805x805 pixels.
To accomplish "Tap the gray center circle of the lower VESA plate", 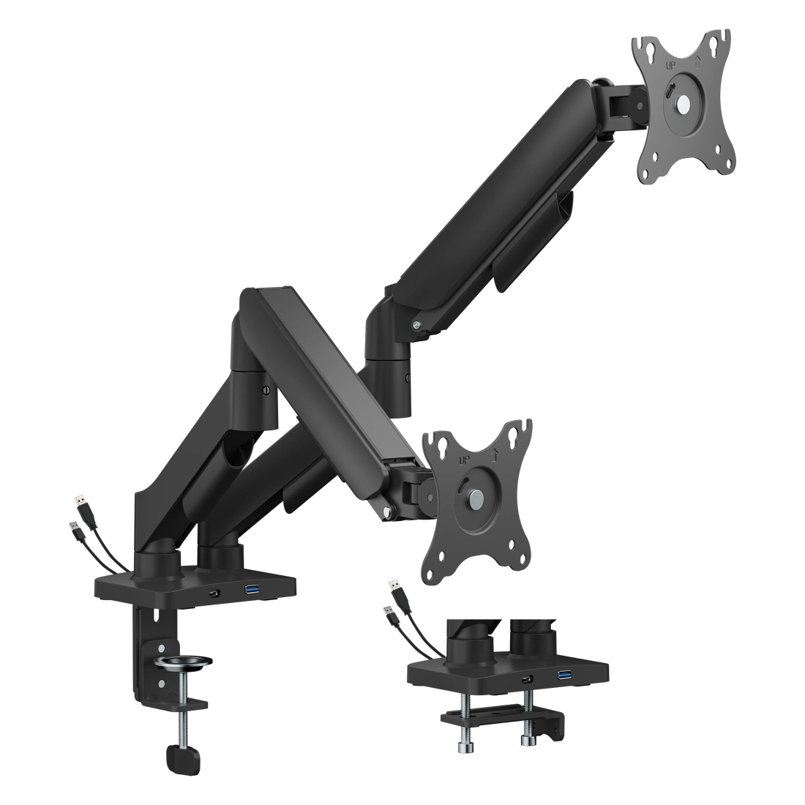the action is point(476,496).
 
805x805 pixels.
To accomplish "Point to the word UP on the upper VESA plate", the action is point(670,66).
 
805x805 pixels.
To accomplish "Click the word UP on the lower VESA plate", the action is point(465,460).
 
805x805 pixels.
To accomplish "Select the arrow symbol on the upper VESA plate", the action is point(697,63).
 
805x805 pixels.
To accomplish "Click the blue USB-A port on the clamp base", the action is point(254,589).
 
